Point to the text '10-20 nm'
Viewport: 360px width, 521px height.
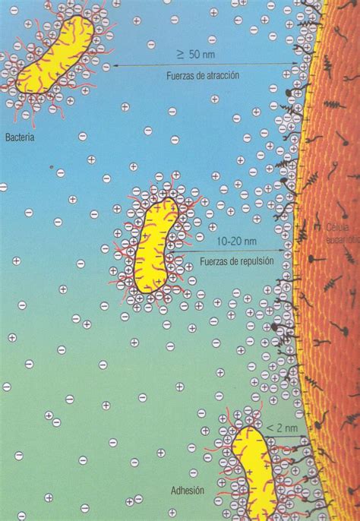click(x=232, y=241)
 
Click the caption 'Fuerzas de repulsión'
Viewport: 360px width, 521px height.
click(x=232, y=262)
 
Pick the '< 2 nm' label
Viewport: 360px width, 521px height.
click(x=277, y=429)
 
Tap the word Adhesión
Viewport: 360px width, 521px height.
click(x=187, y=491)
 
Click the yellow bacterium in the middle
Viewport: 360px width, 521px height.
click(x=159, y=245)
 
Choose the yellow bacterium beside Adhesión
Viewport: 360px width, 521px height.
click(x=253, y=471)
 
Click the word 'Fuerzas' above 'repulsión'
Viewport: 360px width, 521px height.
click(x=215, y=262)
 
